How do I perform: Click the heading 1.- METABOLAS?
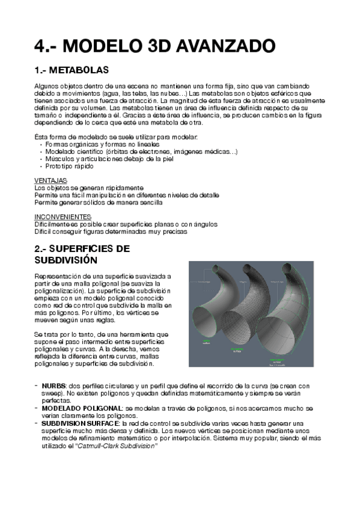[x=72, y=70]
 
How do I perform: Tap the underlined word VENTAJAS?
[x=50, y=180]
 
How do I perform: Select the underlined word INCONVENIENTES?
[x=63, y=217]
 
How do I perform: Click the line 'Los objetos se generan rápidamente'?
[x=89, y=188]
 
